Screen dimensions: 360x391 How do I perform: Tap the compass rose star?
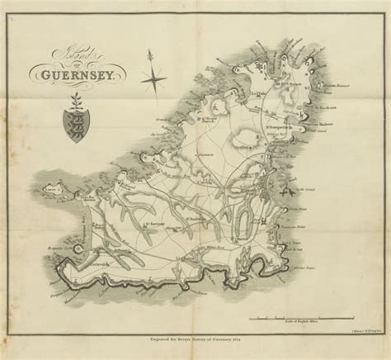pyautogui.click(x=153, y=80)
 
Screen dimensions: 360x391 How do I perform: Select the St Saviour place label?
pyautogui.click(x=157, y=222)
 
